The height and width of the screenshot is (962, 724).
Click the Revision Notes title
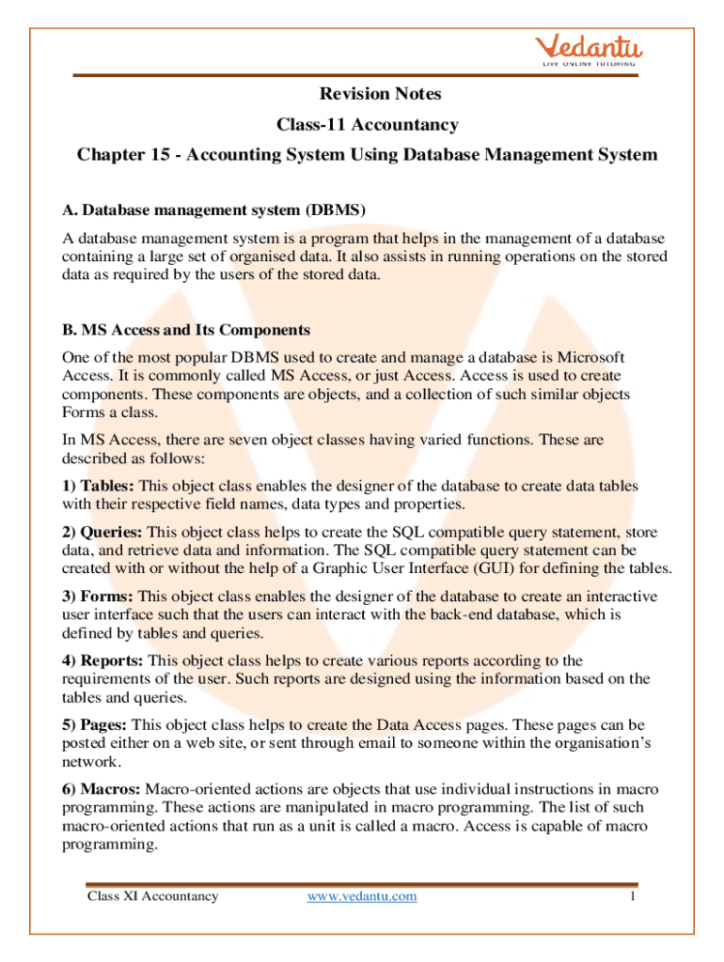click(x=380, y=94)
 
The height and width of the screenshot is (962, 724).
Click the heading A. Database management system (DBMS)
click(x=213, y=209)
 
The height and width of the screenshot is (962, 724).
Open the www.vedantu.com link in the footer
click(x=362, y=896)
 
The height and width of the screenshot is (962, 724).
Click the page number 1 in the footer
click(x=634, y=896)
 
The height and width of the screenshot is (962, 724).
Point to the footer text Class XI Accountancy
click(x=152, y=896)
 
